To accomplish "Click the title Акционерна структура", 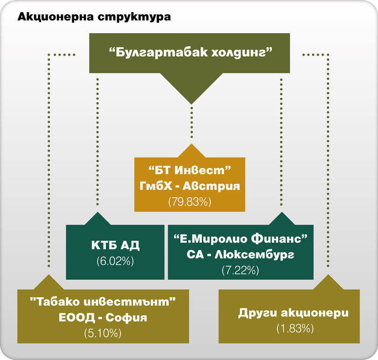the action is (x=94, y=18).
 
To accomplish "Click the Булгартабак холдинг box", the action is (x=189, y=53).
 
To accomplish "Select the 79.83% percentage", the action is (x=190, y=202).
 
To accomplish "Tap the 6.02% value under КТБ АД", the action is (x=115, y=261).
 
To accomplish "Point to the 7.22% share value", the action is (x=241, y=270).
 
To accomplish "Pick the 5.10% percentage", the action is (x=103, y=334).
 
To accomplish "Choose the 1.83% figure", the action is (x=295, y=328).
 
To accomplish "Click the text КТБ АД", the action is (x=115, y=245).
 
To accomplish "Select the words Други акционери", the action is (x=293, y=313).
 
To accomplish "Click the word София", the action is (x=126, y=317).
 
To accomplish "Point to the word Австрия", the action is (x=211, y=186).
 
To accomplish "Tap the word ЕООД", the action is (x=77, y=317).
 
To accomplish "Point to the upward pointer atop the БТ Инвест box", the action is (x=192, y=151).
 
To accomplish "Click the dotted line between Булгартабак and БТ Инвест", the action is (x=192, y=122).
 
